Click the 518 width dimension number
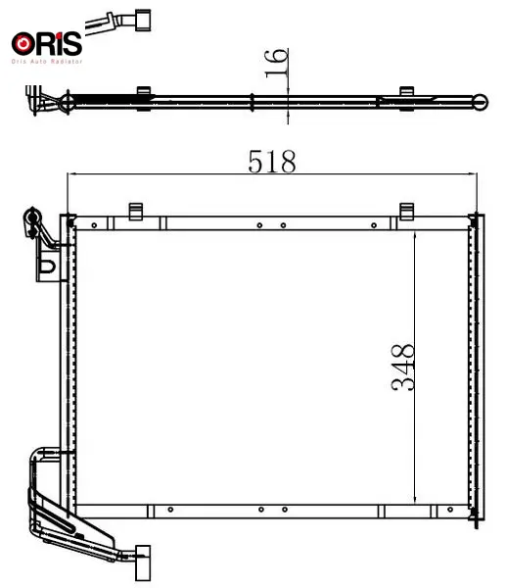coord(272,162)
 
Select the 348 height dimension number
coord(402,367)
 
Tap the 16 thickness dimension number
coord(276,63)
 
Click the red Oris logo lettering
coord(47,43)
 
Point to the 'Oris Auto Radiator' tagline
coord(47,61)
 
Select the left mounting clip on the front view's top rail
coord(136,212)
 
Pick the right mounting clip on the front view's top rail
coord(407,212)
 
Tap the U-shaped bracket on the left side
coord(48,266)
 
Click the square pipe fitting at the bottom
coord(143,563)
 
